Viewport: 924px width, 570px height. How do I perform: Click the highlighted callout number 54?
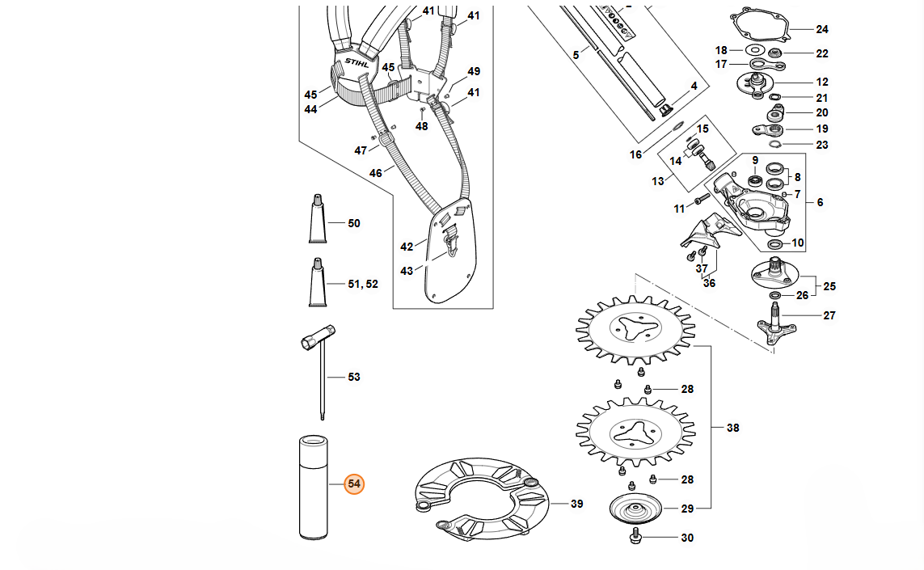[354, 484]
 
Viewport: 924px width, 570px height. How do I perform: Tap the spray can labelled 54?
[314, 488]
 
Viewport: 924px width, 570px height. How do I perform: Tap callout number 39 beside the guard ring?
[576, 505]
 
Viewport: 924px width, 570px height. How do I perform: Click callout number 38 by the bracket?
[732, 428]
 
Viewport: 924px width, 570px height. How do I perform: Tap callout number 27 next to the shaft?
[829, 316]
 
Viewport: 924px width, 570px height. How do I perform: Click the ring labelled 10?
[774, 244]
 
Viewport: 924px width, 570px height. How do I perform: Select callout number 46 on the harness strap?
[376, 173]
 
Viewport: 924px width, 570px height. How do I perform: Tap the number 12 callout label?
[822, 82]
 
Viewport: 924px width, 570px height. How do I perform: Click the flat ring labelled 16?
[677, 127]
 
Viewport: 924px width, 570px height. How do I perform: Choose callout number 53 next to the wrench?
[354, 378]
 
